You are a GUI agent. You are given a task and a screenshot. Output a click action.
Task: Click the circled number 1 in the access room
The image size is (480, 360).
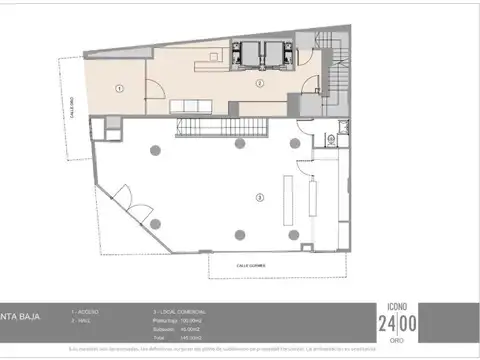119,89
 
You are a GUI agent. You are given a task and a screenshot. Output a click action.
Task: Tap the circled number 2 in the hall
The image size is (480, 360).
259,84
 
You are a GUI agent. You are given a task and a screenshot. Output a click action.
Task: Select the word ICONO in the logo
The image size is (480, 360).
398,307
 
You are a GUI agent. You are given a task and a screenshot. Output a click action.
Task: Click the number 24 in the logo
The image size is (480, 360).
386,323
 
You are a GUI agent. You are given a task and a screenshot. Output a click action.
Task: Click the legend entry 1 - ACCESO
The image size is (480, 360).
84,312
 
